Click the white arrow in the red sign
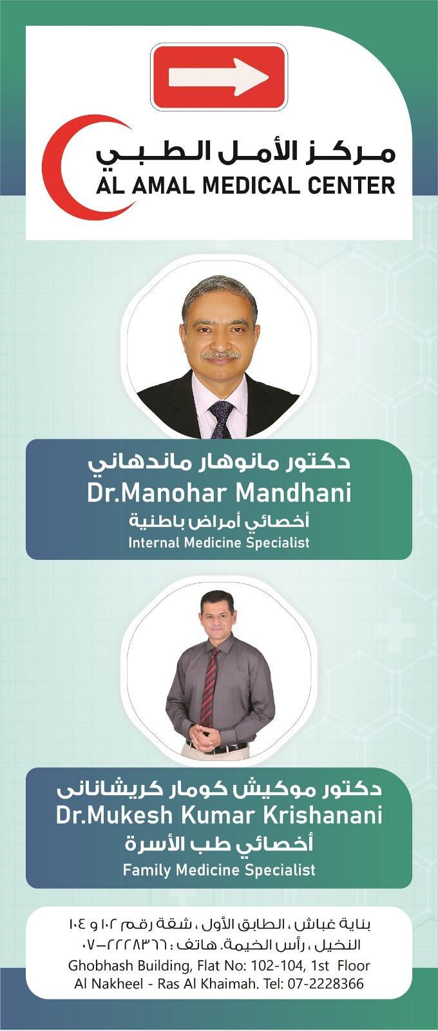click(218, 77)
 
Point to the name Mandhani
click(294, 493)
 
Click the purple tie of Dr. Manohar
click(222, 418)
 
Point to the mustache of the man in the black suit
click(222, 355)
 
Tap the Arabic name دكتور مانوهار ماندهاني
click(220, 462)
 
